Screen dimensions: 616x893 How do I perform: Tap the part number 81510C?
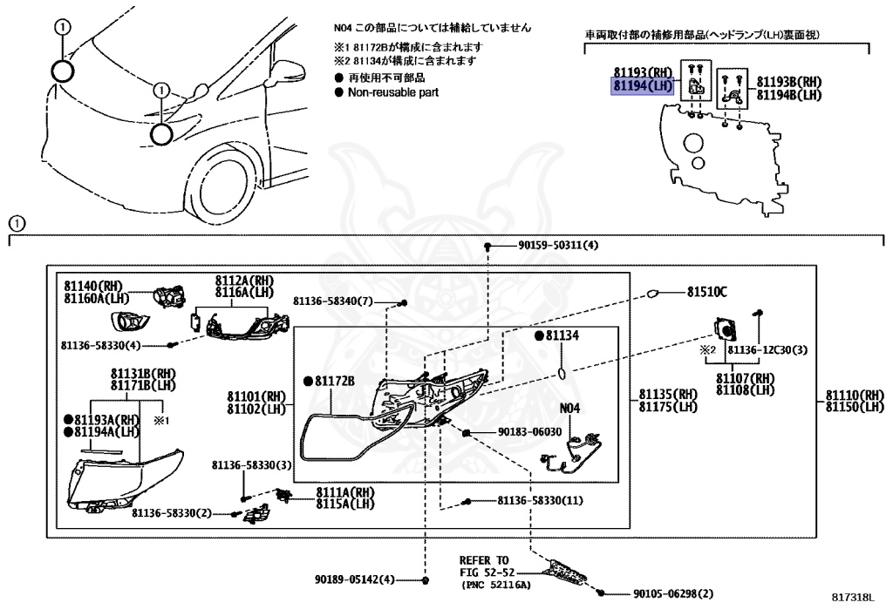[706, 292]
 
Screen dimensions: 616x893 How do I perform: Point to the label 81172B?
[332, 381]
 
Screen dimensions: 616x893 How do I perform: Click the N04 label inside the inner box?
[569, 408]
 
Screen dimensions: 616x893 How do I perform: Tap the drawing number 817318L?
[851, 598]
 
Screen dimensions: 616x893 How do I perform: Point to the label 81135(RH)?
[668, 394]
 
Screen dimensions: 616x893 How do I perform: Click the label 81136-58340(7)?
[332, 301]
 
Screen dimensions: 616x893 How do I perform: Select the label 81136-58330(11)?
[541, 501]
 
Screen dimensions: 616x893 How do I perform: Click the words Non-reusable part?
[393, 91]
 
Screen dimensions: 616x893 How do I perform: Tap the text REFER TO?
[484, 559]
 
